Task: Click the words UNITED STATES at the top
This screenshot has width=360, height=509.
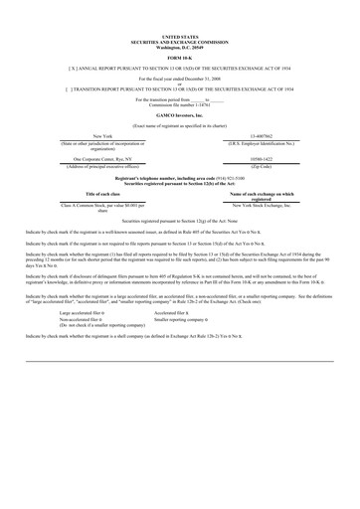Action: [x=179, y=33]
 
